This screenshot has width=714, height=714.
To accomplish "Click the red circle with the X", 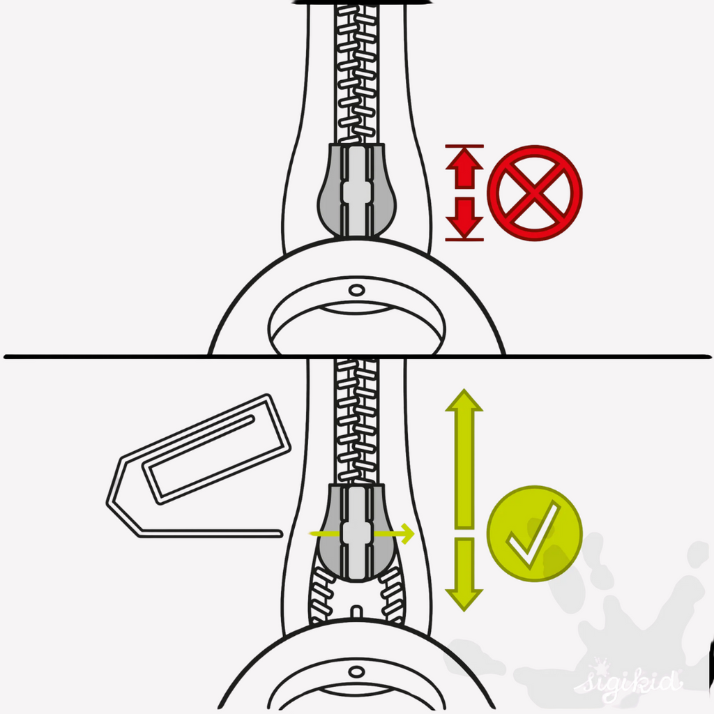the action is [x=535, y=192].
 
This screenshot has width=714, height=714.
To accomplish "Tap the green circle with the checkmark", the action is [x=535, y=533].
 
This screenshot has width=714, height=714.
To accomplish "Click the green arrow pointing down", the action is [x=464, y=575].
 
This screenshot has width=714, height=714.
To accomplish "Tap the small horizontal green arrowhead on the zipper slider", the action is [x=407, y=533].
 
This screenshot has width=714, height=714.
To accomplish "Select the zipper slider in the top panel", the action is [x=356, y=190].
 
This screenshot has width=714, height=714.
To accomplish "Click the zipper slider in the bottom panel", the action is [x=356, y=533].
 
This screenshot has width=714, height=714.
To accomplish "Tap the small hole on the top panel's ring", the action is [x=356, y=290].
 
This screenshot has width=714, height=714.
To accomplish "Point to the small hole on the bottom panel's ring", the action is [x=356, y=671].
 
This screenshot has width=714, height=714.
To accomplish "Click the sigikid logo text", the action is [x=628, y=681].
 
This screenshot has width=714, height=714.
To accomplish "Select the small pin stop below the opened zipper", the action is [x=356, y=612].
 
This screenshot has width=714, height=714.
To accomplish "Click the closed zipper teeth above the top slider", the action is [x=356, y=73].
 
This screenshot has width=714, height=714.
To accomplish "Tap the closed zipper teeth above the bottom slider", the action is [x=356, y=421].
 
